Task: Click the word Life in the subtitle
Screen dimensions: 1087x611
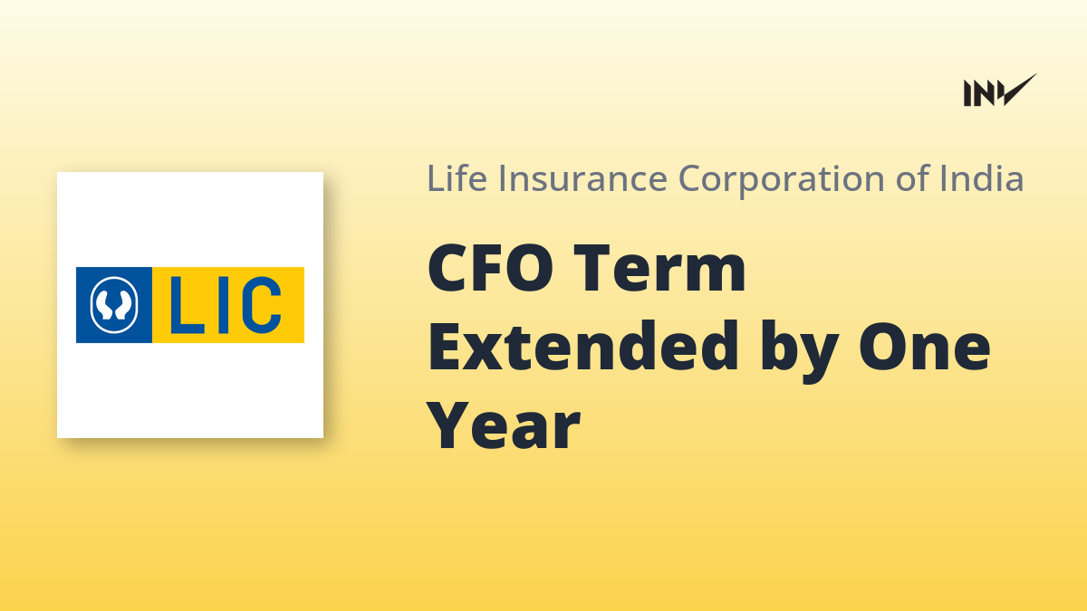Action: click(x=457, y=178)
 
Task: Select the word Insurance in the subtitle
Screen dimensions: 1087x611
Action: click(x=583, y=178)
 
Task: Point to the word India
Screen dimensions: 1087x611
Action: click(x=982, y=178)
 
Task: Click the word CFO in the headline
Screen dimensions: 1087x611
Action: click(x=491, y=268)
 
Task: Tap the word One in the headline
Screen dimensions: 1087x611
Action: click(x=925, y=346)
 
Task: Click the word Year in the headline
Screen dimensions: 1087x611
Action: click(x=504, y=426)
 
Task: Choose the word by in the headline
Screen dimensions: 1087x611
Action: click(x=800, y=351)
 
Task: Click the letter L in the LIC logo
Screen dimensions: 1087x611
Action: click(x=186, y=305)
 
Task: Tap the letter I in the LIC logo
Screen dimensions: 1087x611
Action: click(x=224, y=305)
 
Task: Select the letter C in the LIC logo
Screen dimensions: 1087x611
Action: click(x=261, y=305)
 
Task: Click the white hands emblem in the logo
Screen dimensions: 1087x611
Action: click(x=114, y=305)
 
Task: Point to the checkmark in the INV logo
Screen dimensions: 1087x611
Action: click(x=1019, y=90)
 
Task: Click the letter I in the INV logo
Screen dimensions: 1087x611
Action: click(x=967, y=93)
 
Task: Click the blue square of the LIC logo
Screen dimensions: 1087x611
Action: click(x=114, y=305)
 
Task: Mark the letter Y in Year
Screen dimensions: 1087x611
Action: click(x=451, y=426)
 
